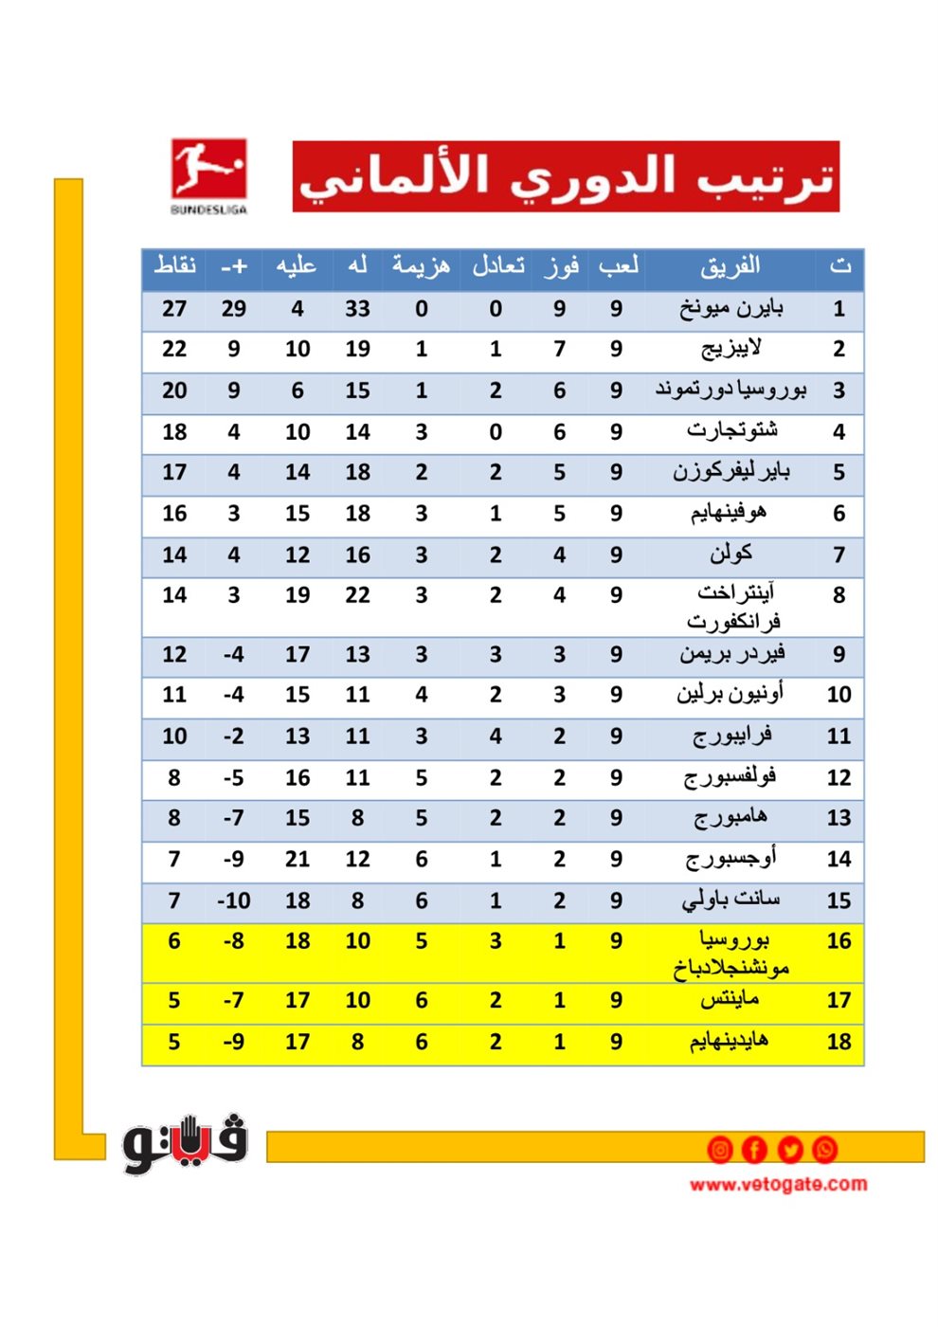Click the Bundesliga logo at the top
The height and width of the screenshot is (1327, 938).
(208, 175)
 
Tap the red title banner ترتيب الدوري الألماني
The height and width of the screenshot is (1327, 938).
(566, 176)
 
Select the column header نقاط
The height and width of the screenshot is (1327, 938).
(175, 266)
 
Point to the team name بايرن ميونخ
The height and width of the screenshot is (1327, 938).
(731, 309)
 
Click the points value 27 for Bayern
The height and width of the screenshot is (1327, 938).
(174, 309)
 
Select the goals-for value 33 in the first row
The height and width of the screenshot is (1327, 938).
(357, 309)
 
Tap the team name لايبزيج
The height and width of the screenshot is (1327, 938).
(731, 350)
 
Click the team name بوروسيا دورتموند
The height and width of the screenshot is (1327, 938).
(731, 391)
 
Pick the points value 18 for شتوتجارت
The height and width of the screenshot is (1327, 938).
(174, 432)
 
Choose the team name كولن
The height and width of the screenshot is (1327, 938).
(731, 554)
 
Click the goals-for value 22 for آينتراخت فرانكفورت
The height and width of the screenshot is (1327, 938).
(357, 595)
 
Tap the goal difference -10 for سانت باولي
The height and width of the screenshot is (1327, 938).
(233, 900)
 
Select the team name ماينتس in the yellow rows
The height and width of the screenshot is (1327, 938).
(731, 1000)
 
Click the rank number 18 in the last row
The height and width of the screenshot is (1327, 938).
(839, 1042)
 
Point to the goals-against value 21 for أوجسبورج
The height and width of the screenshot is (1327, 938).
(298, 859)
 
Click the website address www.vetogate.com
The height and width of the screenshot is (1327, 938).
(778, 1184)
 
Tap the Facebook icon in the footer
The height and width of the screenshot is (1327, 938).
(754, 1150)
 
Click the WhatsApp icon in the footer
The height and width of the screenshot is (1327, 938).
(824, 1150)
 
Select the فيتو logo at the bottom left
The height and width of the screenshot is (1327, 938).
(185, 1144)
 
